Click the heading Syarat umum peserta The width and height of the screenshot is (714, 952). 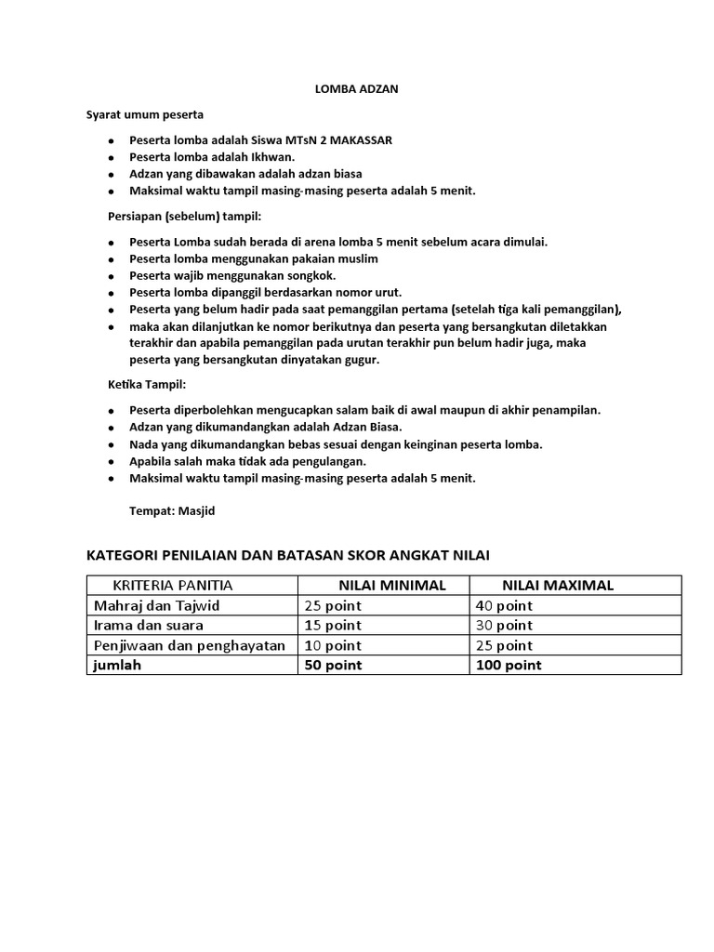[145, 115]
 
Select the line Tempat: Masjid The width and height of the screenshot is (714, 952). [177, 510]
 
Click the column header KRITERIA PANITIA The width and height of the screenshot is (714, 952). [173, 586]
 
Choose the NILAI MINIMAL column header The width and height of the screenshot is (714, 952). [392, 586]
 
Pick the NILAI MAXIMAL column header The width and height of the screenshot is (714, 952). [558, 586]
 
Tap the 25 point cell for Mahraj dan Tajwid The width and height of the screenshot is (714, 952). [333, 606]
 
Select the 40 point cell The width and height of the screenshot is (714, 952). [504, 606]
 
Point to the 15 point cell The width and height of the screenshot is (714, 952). [333, 626]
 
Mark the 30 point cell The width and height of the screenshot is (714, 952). [504, 626]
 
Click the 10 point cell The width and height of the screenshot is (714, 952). [333, 645]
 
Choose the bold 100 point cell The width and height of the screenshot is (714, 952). [509, 666]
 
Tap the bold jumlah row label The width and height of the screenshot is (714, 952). [117, 666]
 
